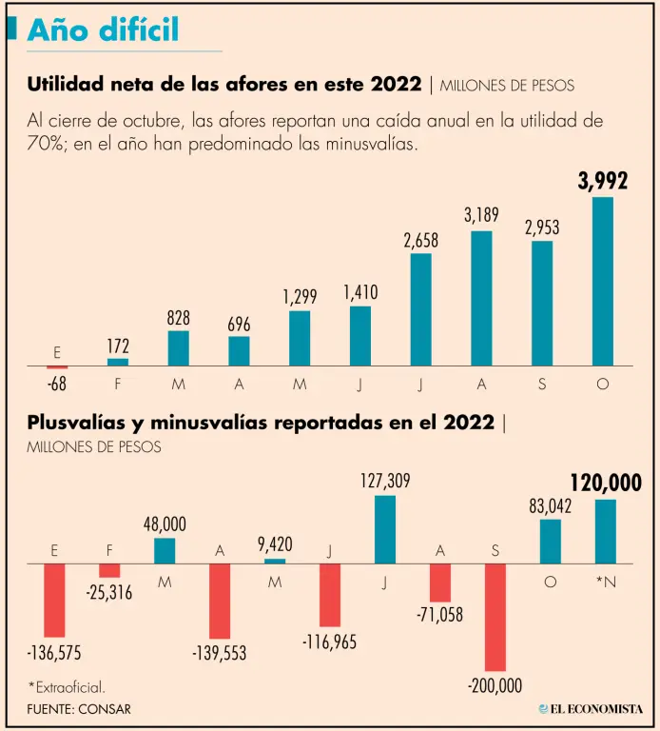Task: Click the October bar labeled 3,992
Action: pos(603,282)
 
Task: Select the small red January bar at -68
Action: pos(57,367)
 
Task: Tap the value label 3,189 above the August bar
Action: pos(481,215)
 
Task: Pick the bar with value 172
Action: pos(118,363)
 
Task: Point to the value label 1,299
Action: pos(300,297)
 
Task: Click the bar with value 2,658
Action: pos(420,310)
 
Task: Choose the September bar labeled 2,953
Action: pos(542,304)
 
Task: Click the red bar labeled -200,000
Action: pos(496,618)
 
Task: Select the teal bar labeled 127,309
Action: pos(385,529)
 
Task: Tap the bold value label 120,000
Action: pos(605,482)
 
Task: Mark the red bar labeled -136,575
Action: pos(54,600)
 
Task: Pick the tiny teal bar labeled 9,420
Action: pos(275,562)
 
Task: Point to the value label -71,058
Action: pos(439,615)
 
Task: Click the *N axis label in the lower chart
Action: pos(606,581)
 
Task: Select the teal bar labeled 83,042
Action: pos(551,542)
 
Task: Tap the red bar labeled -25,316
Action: pos(110,570)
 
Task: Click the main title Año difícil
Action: pos(103,30)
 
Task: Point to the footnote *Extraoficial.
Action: pos(67,685)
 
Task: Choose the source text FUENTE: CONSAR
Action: pos(79,709)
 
